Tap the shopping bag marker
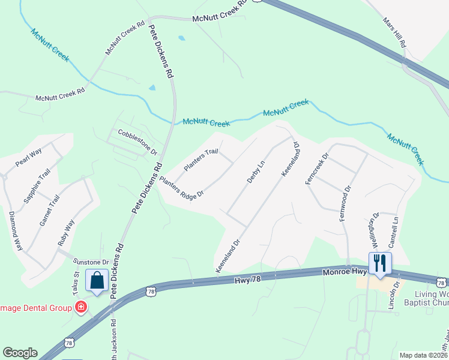[x=97, y=280]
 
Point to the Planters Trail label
[x=200, y=160]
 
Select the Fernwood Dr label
[x=345, y=204]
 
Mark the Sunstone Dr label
[x=91, y=262]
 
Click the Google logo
[x=20, y=353]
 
